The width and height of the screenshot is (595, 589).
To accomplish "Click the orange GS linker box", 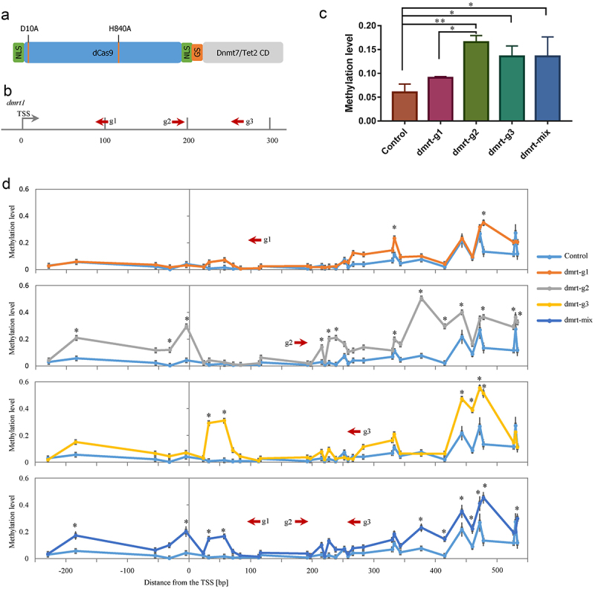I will point(197,52).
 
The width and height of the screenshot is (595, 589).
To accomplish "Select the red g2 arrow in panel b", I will point(178,120).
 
